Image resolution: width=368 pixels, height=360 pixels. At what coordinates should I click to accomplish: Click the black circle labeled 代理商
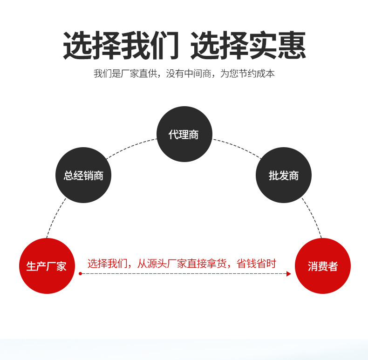pos(184,134)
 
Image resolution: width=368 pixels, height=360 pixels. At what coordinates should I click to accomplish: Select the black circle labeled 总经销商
pos(83,175)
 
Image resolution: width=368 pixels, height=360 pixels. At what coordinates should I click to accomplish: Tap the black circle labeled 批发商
pos(283,175)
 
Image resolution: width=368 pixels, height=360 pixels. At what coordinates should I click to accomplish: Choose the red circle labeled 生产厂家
pos(47,266)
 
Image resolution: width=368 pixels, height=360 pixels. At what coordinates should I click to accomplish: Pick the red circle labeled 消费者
pos(322,266)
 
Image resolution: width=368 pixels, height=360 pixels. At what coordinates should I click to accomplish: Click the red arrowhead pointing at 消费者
pos(288,274)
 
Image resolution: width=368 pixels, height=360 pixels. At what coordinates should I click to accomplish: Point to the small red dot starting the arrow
pos(80,274)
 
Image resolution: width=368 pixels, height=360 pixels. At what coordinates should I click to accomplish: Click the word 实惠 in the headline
pos(278,46)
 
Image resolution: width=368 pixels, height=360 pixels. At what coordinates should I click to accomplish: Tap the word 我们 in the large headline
pos(150,46)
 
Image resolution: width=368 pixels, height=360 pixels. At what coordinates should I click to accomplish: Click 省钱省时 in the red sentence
pos(257,264)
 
